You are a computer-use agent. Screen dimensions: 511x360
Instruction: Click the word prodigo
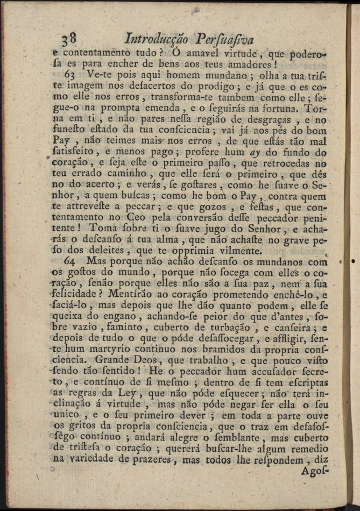[x=207, y=87]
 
